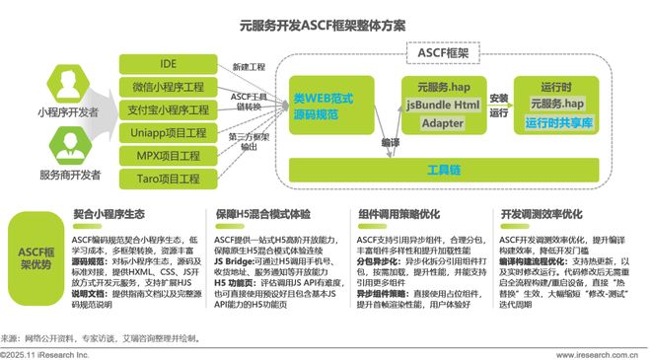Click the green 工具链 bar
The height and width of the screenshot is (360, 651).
(444, 170)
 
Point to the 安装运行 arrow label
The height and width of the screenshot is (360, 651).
(498, 105)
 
